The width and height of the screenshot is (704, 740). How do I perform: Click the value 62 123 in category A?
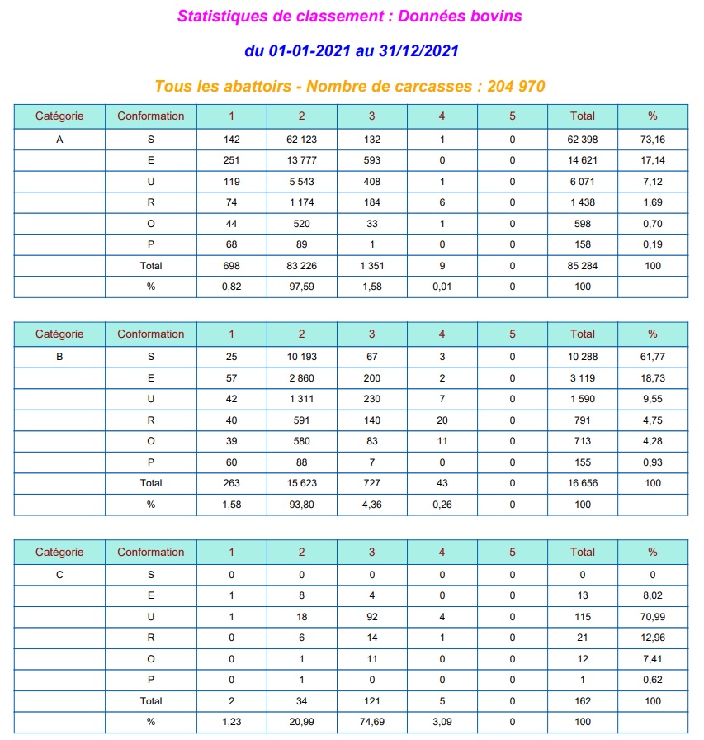point(301,140)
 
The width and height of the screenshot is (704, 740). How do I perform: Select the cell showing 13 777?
point(301,160)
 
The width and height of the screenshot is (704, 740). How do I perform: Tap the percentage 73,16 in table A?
point(652,140)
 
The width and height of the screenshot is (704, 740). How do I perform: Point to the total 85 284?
point(582,266)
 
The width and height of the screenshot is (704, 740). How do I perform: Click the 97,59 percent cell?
point(301,287)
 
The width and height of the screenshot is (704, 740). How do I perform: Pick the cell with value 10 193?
point(301,358)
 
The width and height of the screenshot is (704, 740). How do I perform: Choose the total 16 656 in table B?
point(582,483)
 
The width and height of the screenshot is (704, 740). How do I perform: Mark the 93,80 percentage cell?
point(301,504)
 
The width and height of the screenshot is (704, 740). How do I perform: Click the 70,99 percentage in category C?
point(652,616)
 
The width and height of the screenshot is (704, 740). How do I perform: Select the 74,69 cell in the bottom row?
point(371,722)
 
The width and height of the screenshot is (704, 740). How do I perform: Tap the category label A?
point(59,140)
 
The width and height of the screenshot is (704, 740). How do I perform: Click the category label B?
point(59,358)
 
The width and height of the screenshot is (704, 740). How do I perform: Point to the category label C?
point(59,575)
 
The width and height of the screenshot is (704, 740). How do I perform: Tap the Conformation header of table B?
point(150,334)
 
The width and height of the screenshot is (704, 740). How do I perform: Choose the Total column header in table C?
point(582,552)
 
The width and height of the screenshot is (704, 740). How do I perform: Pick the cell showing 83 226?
point(301,266)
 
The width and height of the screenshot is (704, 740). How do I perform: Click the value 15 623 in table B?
point(301,483)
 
